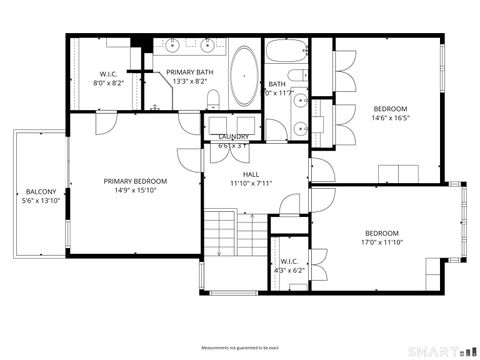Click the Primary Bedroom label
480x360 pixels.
(x=135, y=181)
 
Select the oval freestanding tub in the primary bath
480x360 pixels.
(x=244, y=76)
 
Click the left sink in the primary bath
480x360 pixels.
(x=173, y=45)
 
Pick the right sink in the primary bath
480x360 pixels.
(x=208, y=45)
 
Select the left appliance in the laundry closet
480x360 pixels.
(x=220, y=126)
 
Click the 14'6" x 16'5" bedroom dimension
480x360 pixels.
(x=390, y=118)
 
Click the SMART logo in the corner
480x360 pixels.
(x=445, y=350)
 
